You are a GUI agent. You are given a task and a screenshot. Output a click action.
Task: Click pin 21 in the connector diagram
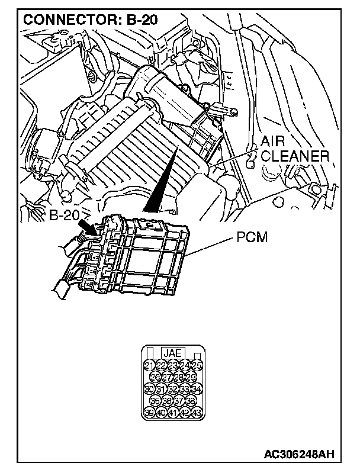point(149,364)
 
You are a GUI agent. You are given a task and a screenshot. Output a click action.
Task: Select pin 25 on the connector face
point(197,364)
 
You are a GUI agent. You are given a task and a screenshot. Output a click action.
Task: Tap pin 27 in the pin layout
point(167,377)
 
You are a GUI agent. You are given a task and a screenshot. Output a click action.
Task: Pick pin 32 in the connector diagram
point(173,389)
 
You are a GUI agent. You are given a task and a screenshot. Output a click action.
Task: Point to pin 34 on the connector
point(197,389)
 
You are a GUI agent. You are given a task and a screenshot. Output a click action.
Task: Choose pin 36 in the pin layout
point(167,401)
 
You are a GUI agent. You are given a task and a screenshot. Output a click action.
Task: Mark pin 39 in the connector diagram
point(149,413)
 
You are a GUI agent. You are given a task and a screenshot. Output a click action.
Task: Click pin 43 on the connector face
point(197,413)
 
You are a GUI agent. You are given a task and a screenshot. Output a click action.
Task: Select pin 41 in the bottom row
point(173,413)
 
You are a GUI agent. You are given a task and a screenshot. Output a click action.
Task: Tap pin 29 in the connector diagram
point(191,377)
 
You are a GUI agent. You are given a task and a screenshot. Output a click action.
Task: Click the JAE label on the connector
point(172,352)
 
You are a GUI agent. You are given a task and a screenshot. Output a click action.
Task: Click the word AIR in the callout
point(274,142)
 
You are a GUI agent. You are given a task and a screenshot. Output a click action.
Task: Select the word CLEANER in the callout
point(295,156)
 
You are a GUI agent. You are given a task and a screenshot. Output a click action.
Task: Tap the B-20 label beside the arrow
point(64,215)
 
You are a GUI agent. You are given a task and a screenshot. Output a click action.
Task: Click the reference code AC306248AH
point(298,454)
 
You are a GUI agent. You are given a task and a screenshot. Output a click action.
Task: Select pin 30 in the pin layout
point(149,389)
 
